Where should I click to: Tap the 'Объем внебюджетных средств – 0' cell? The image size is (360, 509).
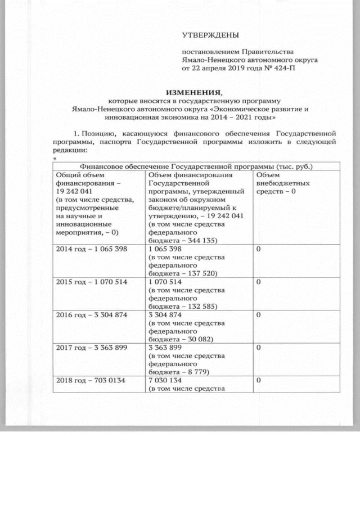pos(275,183)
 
